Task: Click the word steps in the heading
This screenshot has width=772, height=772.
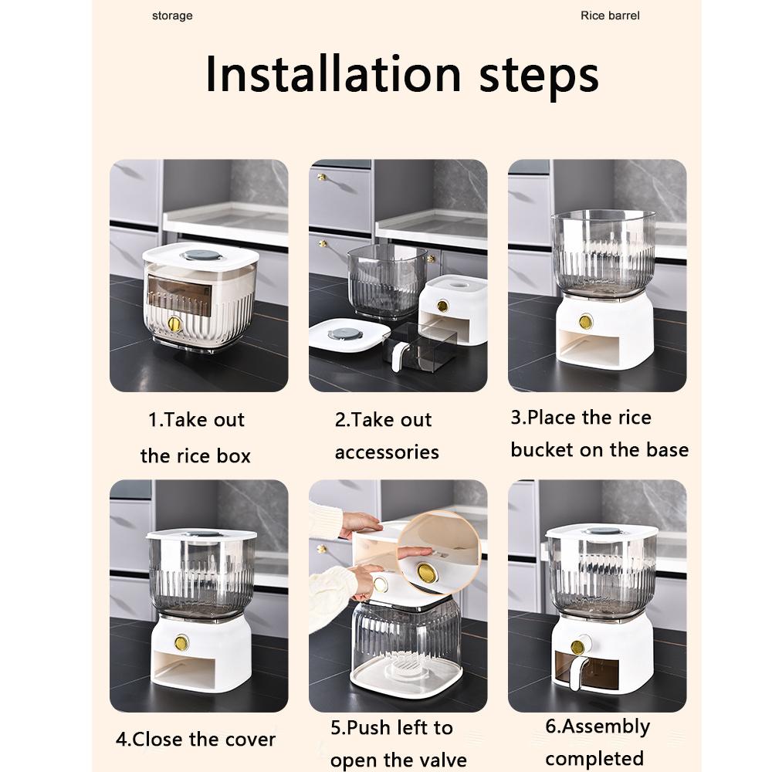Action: pyautogui.click(x=539, y=77)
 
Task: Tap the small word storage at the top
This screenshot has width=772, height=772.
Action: pyautogui.click(x=172, y=15)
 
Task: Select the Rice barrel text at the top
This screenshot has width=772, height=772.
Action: pyautogui.click(x=610, y=15)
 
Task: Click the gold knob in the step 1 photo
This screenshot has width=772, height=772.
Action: pyautogui.click(x=174, y=323)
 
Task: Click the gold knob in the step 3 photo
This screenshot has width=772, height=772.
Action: pyautogui.click(x=585, y=322)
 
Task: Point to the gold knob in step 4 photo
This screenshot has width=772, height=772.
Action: pyautogui.click(x=181, y=642)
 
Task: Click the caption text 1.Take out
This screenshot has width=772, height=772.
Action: pyautogui.click(x=196, y=420)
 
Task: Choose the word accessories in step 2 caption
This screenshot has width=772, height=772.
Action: pyautogui.click(x=387, y=452)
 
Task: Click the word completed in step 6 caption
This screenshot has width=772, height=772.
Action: pyautogui.click(x=594, y=758)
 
